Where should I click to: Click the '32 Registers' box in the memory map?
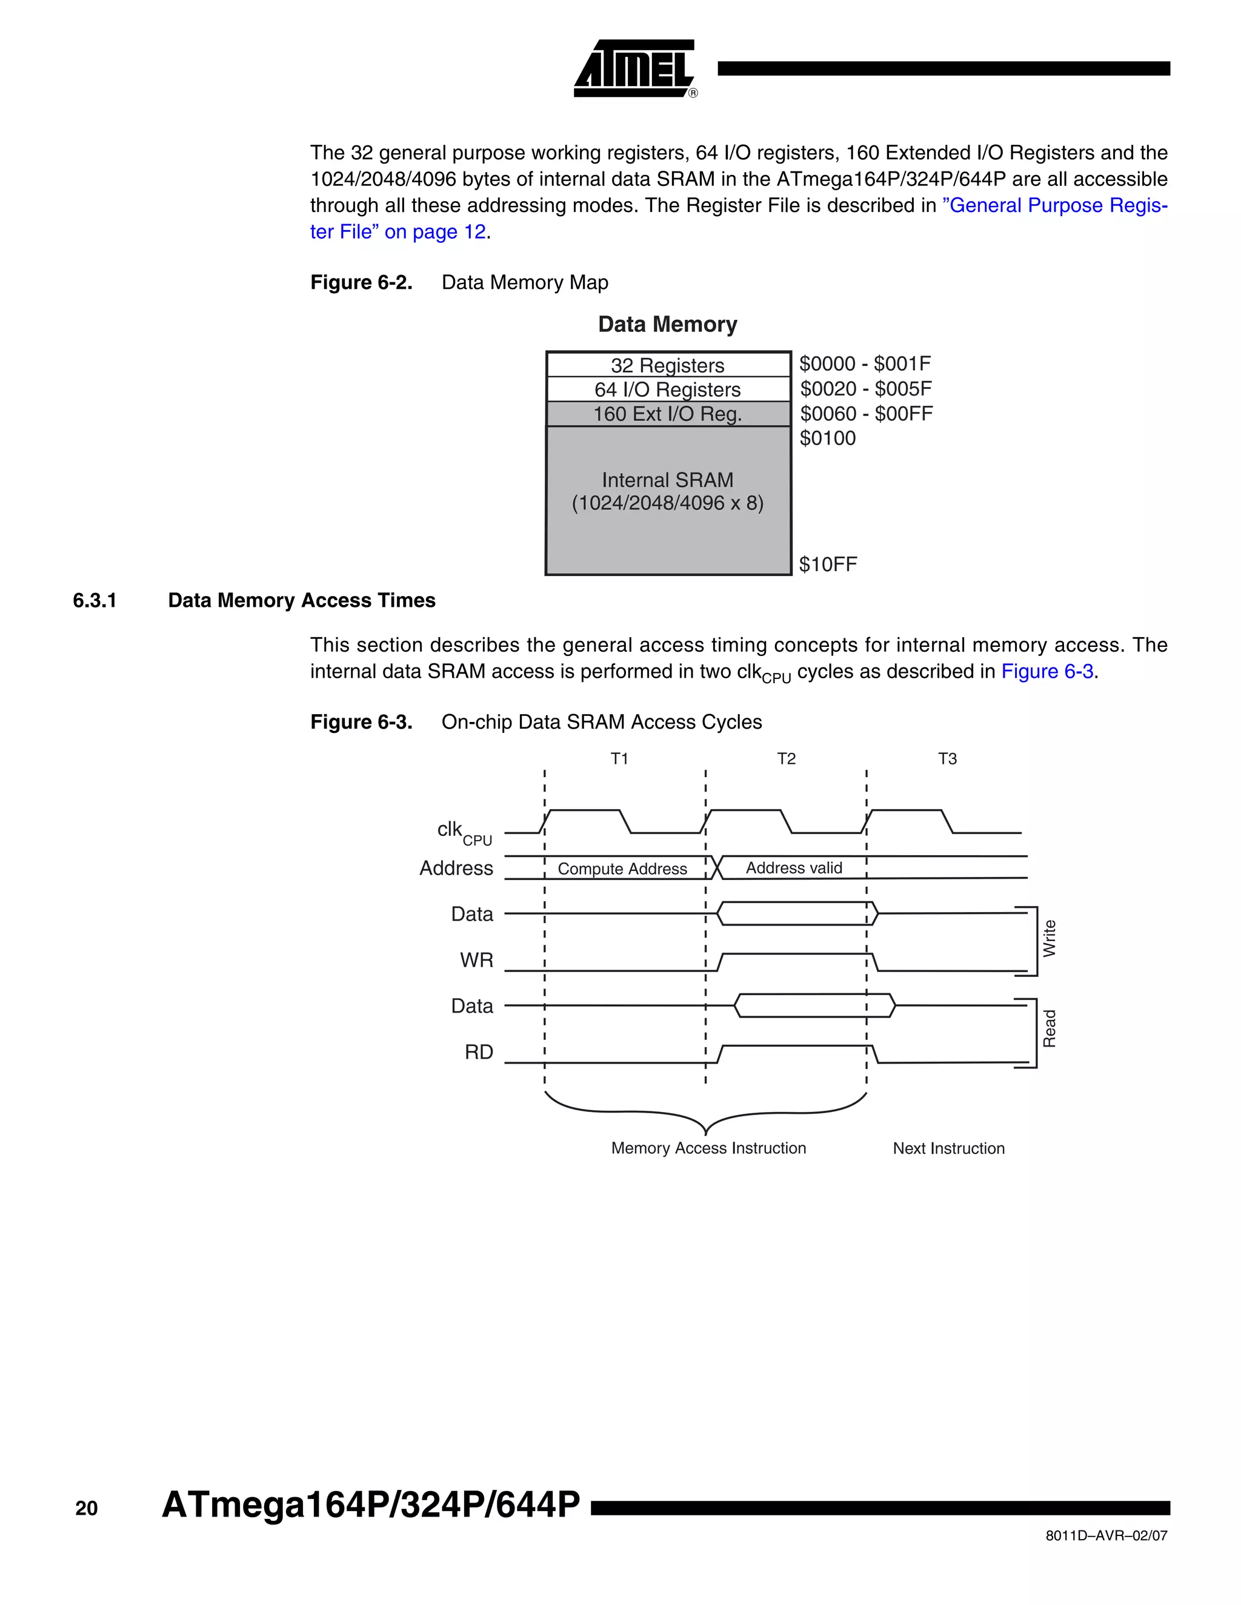click(668, 365)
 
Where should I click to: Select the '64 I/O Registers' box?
click(668, 389)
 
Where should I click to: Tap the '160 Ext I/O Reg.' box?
click(668, 414)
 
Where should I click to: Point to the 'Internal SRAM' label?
click(668, 480)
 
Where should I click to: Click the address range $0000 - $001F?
click(865, 364)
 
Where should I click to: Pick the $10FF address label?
click(828, 564)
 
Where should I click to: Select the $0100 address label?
click(828, 438)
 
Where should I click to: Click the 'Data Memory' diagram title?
click(668, 324)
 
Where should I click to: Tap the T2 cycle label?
click(786, 758)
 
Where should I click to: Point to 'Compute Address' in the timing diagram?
click(622, 869)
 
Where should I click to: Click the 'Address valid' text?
click(794, 868)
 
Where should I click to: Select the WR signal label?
click(476, 960)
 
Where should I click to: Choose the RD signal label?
click(479, 1053)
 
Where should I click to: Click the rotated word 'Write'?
click(1049, 938)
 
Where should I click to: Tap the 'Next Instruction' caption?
click(948, 1148)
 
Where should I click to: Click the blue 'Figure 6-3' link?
click(1047, 672)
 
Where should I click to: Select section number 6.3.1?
click(95, 600)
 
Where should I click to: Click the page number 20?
click(86, 1509)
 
